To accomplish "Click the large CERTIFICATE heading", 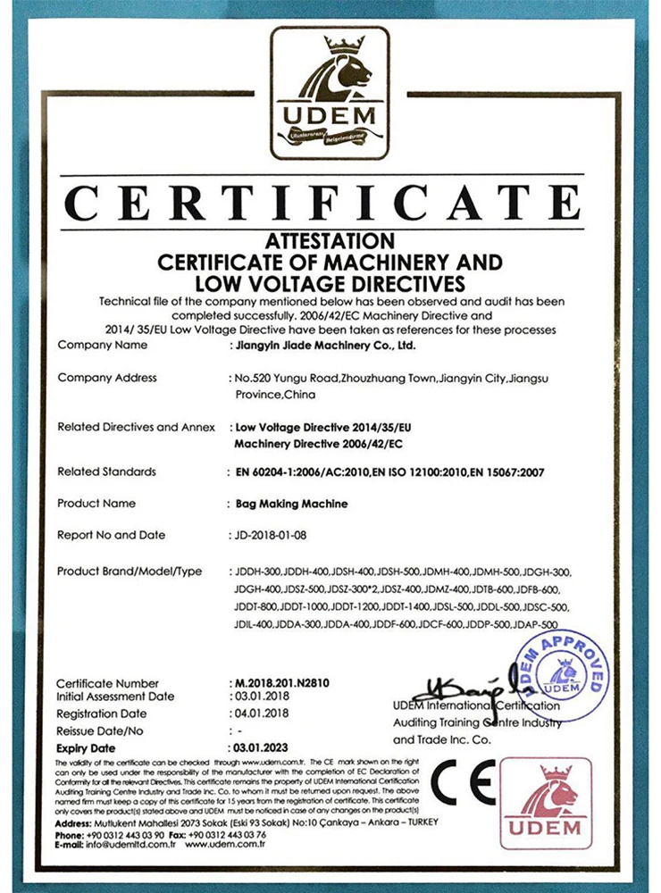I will pyautogui.click(x=331, y=204).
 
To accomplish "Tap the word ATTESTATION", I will pyautogui.click(x=330, y=241).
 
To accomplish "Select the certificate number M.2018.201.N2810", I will pyautogui.click(x=281, y=683).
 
